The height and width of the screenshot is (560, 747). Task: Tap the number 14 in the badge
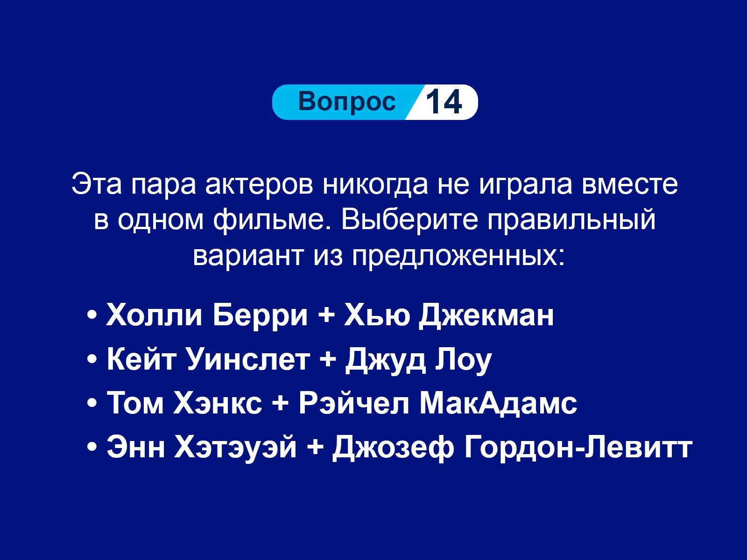tap(444, 102)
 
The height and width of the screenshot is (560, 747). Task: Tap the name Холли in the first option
tap(155, 315)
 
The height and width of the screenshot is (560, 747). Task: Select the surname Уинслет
tap(248, 360)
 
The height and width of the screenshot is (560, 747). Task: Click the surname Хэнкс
tap(218, 404)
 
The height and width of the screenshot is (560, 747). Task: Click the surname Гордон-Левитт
tap(578, 448)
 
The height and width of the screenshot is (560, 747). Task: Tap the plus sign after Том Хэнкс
tap(281, 404)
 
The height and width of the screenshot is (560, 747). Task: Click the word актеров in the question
tap(259, 185)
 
